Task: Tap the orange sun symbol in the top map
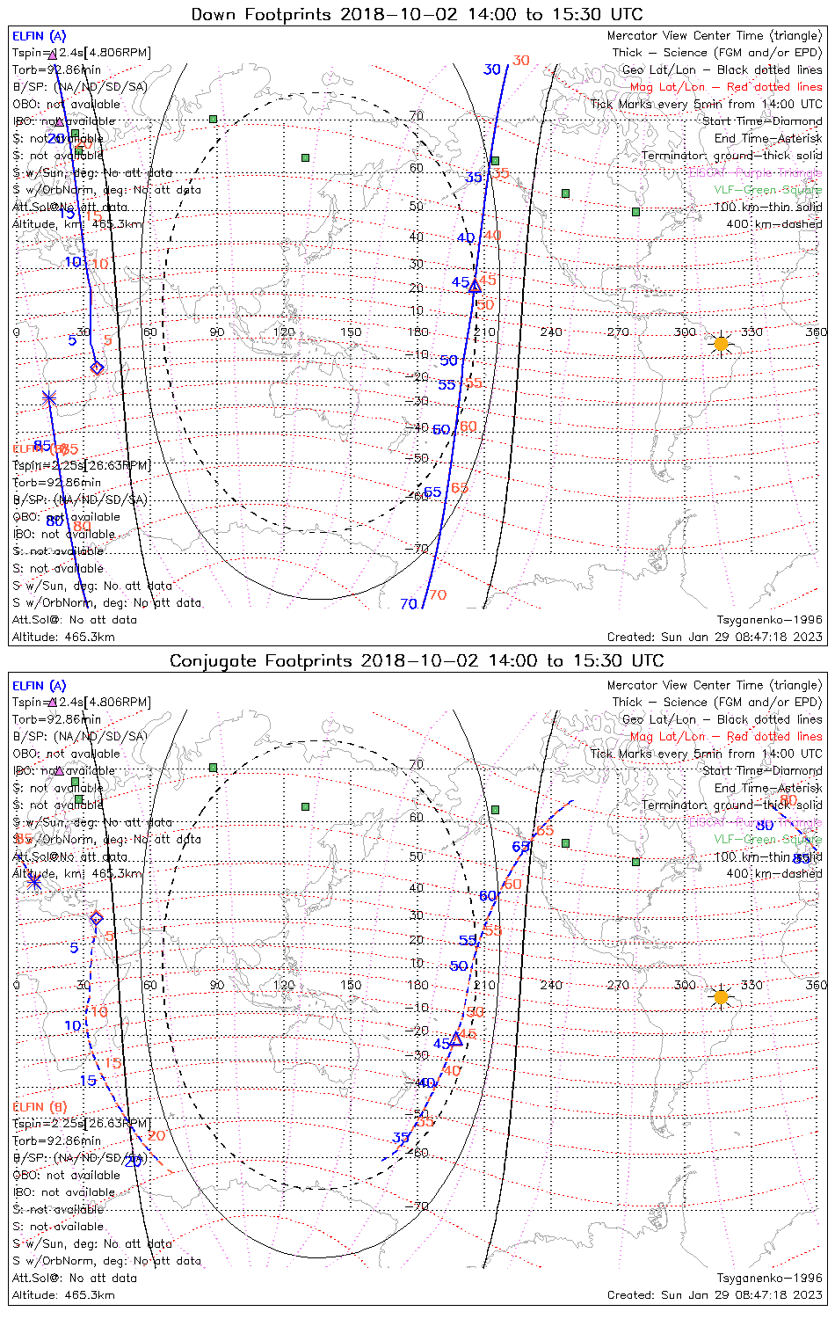(721, 344)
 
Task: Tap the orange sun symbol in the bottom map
(721, 997)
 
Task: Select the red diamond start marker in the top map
(97, 368)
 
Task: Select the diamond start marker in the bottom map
(97, 919)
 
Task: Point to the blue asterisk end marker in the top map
(48, 398)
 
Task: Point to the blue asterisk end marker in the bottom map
(34, 880)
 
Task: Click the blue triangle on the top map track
(475, 287)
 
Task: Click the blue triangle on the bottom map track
(456, 1039)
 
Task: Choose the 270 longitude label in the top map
(618, 332)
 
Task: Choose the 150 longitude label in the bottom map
(351, 985)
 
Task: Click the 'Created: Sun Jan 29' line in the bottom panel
(715, 1295)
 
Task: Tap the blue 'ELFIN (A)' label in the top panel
(39, 36)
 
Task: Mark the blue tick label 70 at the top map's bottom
(409, 604)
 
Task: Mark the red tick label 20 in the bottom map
(156, 1135)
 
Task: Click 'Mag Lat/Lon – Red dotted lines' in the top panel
(726, 87)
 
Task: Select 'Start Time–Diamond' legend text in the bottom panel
(762, 771)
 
